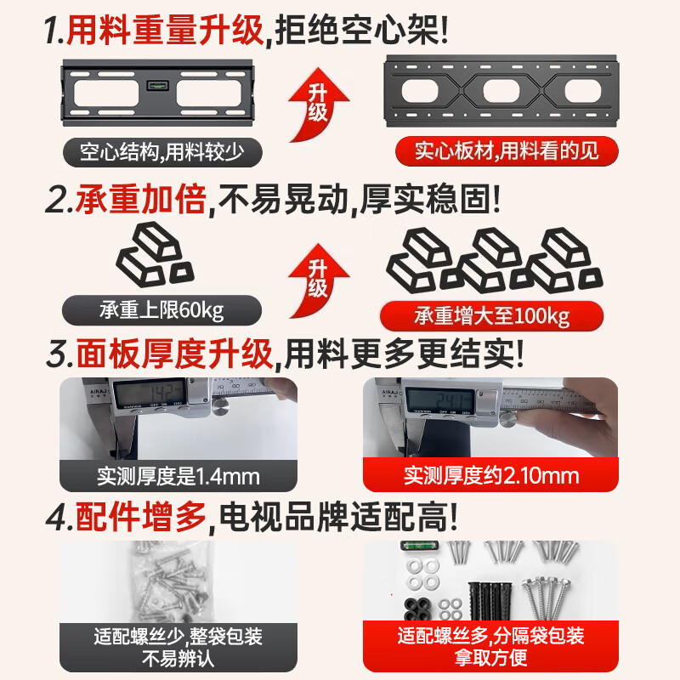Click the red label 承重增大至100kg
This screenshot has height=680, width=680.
coord(492,316)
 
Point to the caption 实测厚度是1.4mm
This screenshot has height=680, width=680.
coord(178,475)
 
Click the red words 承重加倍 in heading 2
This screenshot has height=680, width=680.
coord(141,201)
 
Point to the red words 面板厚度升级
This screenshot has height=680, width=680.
coord(174,354)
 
